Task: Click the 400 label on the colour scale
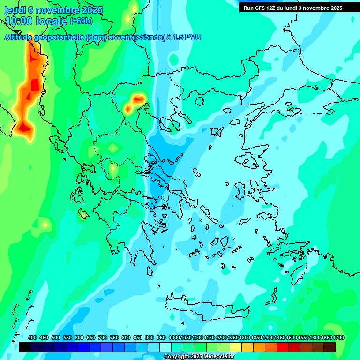[x=32, y=338]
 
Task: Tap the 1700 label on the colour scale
[x=339, y=338]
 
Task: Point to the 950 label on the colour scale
[x=161, y=338]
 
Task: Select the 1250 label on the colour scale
[x=233, y=338]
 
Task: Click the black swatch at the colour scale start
[x=25, y=347]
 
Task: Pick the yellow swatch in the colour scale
[x=236, y=347]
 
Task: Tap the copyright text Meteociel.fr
[x=199, y=357]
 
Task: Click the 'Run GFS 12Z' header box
[x=293, y=8]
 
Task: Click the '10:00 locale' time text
[x=36, y=21]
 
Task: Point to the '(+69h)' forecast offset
[x=81, y=21]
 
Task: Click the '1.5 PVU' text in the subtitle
[x=187, y=37]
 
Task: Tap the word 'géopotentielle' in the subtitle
[x=60, y=37]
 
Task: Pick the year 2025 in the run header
[x=334, y=8]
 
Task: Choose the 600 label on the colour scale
[x=79, y=338]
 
